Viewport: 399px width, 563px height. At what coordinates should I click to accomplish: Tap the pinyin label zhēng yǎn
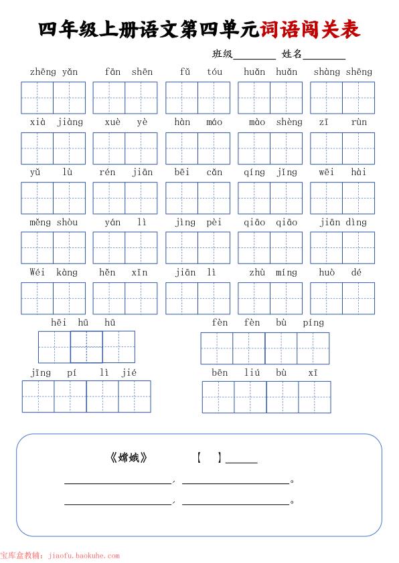53,72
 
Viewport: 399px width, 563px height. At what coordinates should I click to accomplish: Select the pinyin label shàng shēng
342,72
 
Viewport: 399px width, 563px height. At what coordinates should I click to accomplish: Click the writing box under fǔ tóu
197,98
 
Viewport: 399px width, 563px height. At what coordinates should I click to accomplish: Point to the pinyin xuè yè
126,122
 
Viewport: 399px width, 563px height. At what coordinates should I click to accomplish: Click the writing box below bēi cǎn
197,198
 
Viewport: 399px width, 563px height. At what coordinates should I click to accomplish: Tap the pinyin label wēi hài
342,173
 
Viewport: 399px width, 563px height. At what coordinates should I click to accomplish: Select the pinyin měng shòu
53,223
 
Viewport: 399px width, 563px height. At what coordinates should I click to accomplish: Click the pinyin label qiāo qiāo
270,223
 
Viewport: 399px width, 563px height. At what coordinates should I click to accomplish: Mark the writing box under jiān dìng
342,248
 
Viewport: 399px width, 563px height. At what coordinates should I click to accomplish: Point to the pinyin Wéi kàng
53,273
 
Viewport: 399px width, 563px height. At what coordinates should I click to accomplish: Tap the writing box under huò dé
342,298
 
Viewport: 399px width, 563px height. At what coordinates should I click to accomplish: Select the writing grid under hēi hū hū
86,347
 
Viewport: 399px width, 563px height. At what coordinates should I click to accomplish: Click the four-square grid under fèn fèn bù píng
265,348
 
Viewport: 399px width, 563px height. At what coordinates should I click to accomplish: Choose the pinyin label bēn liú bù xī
264,373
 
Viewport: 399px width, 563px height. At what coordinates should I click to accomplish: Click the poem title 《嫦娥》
128,458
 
